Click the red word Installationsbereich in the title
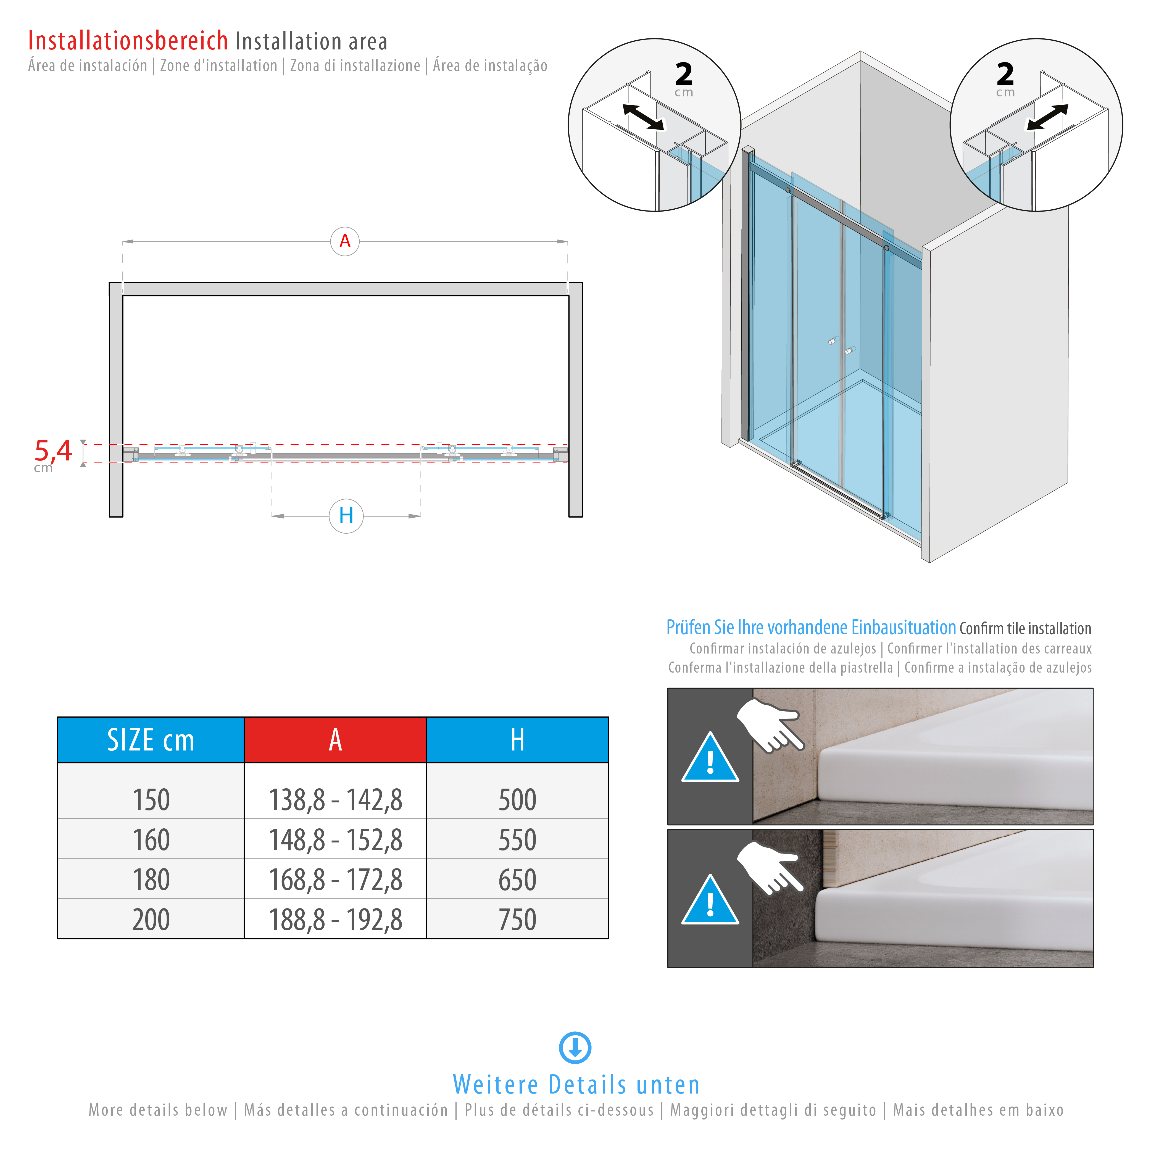(x=128, y=41)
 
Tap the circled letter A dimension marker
(x=345, y=241)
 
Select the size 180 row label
(x=151, y=880)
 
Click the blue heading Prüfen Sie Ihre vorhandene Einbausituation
(x=810, y=627)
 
